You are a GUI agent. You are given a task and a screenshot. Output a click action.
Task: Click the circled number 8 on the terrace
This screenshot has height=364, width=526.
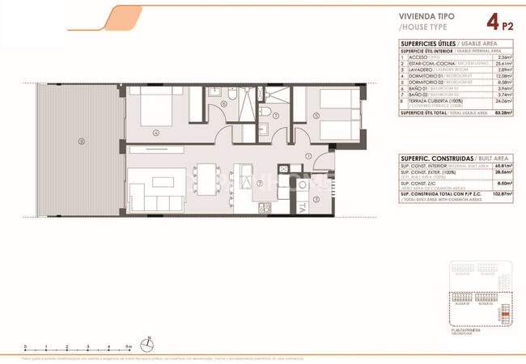click(x=80, y=142)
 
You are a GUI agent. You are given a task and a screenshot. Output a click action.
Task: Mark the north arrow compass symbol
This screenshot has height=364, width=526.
click(x=147, y=341)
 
